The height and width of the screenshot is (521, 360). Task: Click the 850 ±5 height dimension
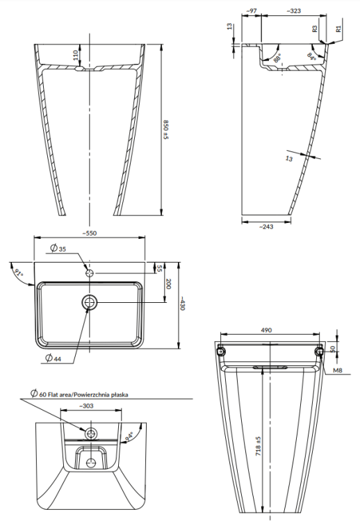point(166,129)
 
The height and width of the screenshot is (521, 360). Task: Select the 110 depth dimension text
point(76,55)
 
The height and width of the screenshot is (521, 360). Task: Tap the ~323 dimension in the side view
point(293,12)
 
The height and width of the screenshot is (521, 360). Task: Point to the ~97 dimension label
point(251,12)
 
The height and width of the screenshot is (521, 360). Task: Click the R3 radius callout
point(315,29)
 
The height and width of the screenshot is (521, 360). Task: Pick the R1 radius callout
point(338,29)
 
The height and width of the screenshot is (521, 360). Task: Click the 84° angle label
point(311,57)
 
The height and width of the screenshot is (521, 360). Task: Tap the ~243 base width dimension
point(265,226)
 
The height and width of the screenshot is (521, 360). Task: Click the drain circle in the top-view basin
point(90,302)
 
